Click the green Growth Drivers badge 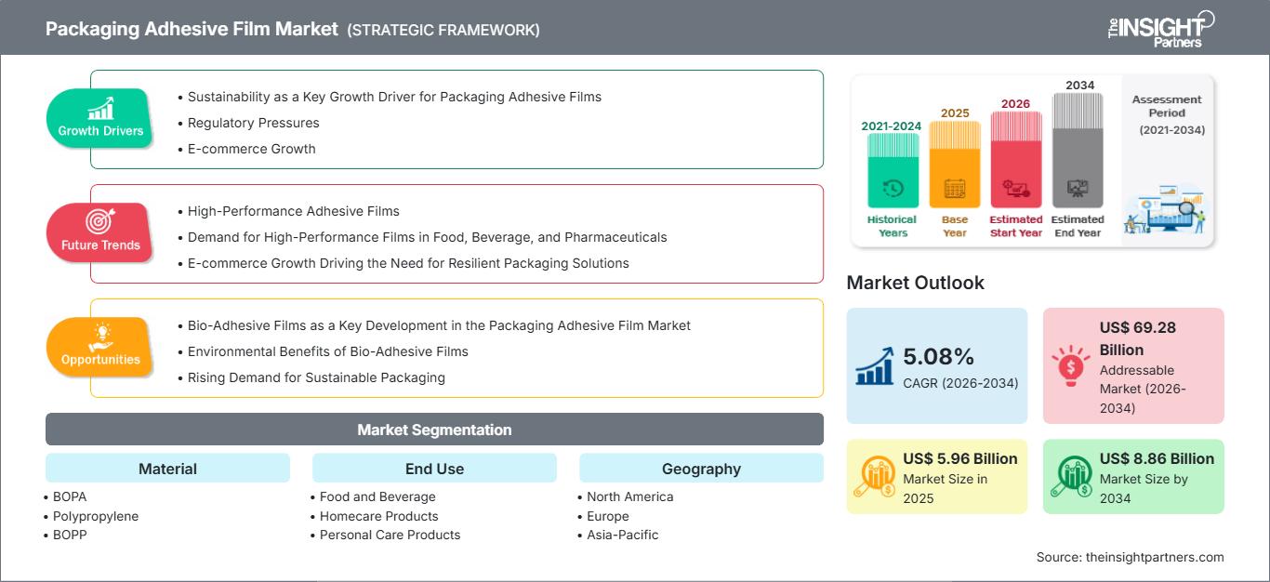tap(99, 118)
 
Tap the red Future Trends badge tap(99, 232)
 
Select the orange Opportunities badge tap(99, 347)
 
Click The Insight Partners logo tap(1160, 29)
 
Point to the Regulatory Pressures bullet tap(253, 123)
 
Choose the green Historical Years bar tap(893, 170)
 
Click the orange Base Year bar tap(955, 165)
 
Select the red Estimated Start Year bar tap(1016, 159)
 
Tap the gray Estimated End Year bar tap(1078, 151)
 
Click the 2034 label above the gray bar tap(1080, 85)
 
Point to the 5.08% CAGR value tap(938, 356)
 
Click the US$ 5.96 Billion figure tap(959, 458)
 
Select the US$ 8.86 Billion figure tap(1157, 458)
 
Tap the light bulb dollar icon tap(1070, 365)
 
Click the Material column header tap(168, 469)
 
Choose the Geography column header tap(701, 469)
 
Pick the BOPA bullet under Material tap(66, 497)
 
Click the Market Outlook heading tap(915, 283)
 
